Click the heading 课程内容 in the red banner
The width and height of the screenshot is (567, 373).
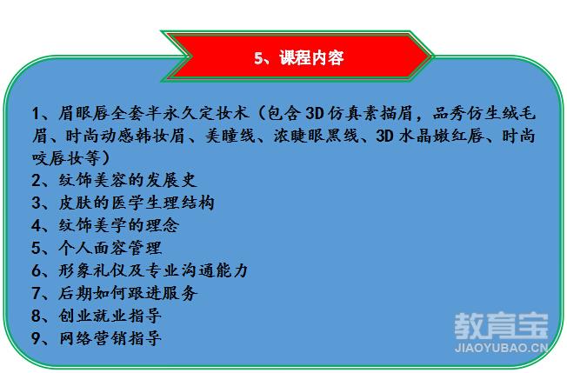(311, 58)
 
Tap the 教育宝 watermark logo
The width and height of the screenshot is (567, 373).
(501, 326)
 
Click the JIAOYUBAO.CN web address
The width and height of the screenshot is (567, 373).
(501, 348)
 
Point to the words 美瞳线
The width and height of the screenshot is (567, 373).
(230, 136)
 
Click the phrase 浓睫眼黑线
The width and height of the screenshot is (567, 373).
(316, 136)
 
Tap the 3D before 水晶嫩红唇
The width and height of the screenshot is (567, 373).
(385, 136)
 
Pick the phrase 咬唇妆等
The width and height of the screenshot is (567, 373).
(67, 158)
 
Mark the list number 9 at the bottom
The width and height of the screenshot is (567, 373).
(37, 338)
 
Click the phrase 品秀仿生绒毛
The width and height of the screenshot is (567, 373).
(484, 113)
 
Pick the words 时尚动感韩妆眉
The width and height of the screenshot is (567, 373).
(125, 136)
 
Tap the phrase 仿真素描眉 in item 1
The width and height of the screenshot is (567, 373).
(370, 113)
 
